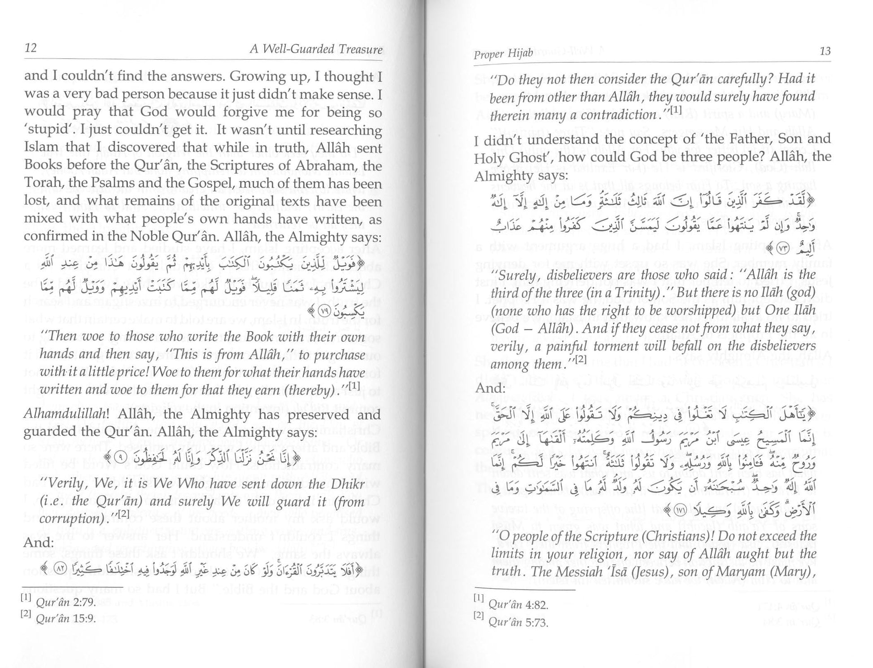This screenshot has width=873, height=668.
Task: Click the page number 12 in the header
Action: pos(31,48)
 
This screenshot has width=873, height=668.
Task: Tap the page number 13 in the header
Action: pos(825,51)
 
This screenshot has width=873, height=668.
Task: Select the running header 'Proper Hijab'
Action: pos(503,53)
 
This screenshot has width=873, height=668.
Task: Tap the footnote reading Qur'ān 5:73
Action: pos(518,622)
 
